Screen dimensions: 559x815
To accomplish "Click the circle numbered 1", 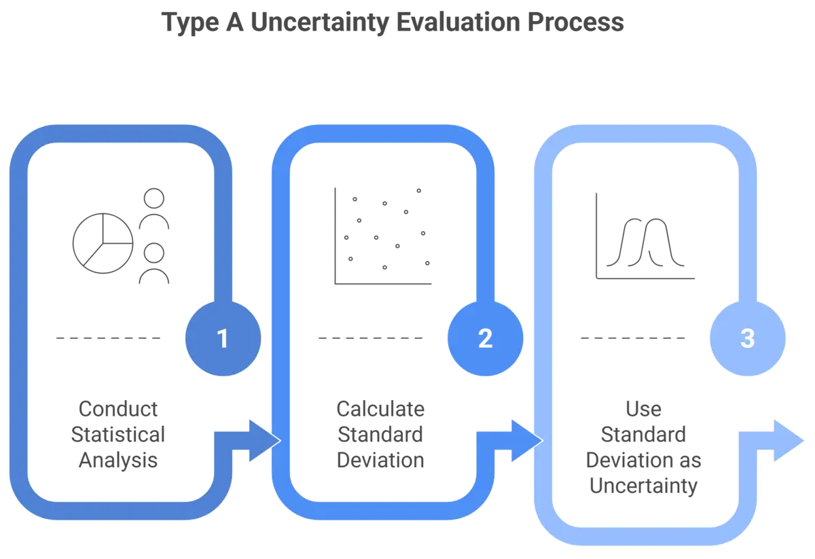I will pos(223,338).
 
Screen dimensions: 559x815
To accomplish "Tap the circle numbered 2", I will pos(485,338).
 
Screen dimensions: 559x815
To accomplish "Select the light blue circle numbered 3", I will pos(747,338).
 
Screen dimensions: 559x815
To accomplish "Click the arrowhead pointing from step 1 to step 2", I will pos(261,441).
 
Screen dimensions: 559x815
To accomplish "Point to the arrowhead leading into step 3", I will pos(524,441).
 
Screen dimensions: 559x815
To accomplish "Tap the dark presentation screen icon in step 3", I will pos(663,236).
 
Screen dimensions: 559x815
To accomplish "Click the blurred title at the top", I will pos(393,24).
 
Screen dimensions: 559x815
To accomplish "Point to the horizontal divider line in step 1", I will pos(109,338).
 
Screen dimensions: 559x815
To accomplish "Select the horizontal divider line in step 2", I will pos(370,338).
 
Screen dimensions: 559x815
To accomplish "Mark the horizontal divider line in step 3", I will pos(632,338).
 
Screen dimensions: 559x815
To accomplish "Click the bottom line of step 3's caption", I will pos(642,486).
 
